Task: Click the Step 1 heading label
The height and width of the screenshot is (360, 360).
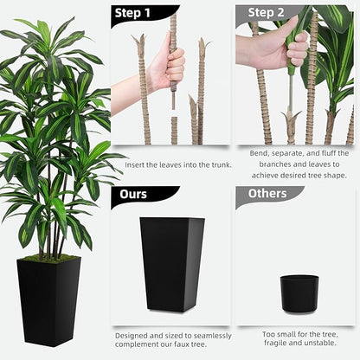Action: point(133,13)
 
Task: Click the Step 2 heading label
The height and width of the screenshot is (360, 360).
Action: point(267,12)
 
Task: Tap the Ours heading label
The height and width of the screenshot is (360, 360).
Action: point(133,193)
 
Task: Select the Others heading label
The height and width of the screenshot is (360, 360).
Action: point(267,193)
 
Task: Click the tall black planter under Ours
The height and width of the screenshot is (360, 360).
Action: point(172,262)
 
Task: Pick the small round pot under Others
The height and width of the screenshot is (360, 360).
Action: point(299,290)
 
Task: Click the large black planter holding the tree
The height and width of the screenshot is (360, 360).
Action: point(48,299)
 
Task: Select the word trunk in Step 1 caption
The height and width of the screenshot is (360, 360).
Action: point(209,164)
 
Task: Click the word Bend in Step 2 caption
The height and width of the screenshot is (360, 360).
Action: point(259,153)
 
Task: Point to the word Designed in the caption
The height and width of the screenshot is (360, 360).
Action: point(133,335)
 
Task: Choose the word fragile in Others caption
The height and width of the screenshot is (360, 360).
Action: point(271,343)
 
